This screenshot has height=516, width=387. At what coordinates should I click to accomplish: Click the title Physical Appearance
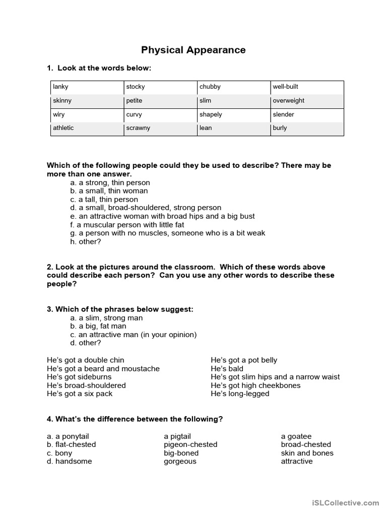[x=193, y=50]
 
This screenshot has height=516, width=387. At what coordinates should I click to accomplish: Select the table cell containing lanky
[x=87, y=87]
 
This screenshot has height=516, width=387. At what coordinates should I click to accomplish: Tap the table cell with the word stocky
[x=160, y=87]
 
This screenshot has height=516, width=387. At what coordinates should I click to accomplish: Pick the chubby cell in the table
[x=233, y=87]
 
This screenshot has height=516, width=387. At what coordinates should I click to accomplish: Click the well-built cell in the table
[x=307, y=87]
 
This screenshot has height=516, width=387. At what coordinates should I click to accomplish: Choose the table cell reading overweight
[x=307, y=101]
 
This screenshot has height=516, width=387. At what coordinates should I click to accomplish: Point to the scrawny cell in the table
[x=160, y=128]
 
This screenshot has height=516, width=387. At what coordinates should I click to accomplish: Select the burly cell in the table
[x=307, y=128]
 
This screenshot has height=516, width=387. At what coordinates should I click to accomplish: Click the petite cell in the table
[x=160, y=101]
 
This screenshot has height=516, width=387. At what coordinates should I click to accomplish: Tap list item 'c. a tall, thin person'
[x=104, y=200]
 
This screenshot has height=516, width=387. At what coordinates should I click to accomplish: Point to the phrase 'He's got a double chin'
[x=86, y=360]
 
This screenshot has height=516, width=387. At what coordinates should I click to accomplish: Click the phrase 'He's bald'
[x=227, y=369]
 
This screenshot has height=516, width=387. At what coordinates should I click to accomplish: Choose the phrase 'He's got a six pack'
[x=80, y=394]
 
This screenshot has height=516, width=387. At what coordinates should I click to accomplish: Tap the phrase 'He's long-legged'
[x=240, y=394]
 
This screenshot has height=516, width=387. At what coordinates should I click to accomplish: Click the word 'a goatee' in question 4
[x=296, y=436]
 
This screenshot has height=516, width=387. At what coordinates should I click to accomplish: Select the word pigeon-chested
[x=190, y=445]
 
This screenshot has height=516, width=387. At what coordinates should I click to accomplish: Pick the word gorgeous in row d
[x=180, y=462]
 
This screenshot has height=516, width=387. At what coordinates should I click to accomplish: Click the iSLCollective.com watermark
[x=345, y=503]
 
